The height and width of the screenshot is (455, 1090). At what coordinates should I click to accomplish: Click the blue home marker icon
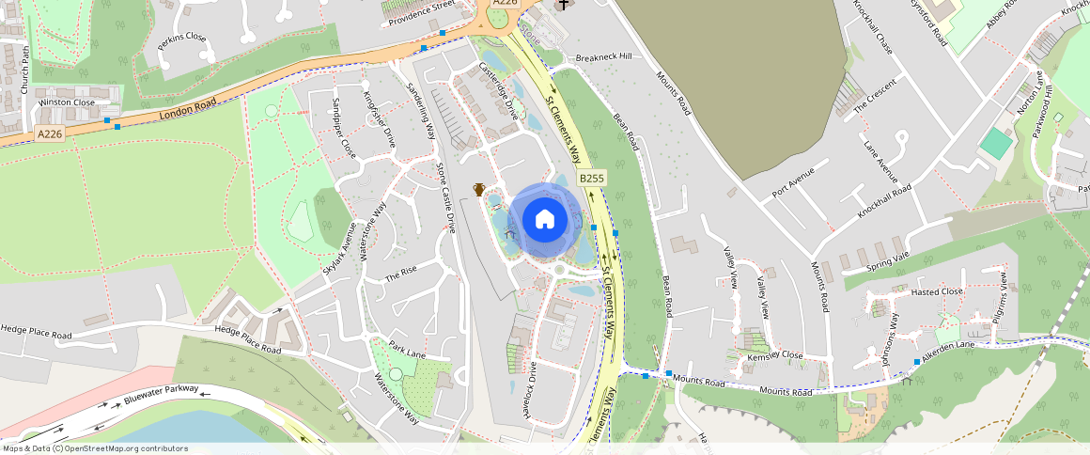coord(544,220)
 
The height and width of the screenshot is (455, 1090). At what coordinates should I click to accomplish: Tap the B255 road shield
coord(592,178)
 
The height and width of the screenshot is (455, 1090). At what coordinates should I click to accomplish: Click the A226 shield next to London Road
coord(50,134)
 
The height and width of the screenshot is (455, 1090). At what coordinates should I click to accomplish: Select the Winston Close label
coord(67,102)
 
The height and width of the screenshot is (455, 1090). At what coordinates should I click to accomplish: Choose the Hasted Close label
coord(936,291)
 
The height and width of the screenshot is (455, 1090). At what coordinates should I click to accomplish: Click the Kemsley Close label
coord(774,356)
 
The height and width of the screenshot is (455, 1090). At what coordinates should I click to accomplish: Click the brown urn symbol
coord(478,190)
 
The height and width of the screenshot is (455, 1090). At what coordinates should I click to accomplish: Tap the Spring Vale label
coord(888,257)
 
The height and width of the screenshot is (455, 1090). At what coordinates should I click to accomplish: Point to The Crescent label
coord(875,95)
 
